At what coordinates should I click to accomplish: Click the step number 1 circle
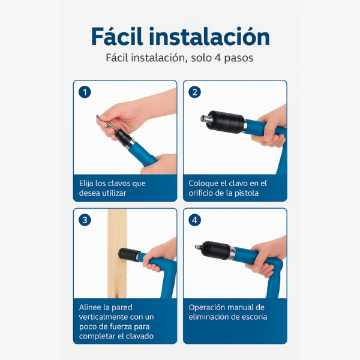[85, 92]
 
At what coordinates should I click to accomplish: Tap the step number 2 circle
[194, 92]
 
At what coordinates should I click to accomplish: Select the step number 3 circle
[85, 220]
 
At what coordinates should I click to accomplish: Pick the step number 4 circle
[194, 220]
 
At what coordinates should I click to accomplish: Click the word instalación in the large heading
[209, 37]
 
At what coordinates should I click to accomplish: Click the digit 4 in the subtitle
[217, 58]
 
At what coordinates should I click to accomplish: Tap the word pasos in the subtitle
[239, 58]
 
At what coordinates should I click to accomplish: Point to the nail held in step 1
[107, 123]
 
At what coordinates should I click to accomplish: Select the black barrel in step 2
[226, 122]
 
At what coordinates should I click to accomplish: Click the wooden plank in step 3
[117, 253]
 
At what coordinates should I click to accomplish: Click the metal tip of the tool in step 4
[199, 247]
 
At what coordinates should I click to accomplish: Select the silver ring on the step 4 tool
[232, 253]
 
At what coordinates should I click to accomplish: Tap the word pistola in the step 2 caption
[247, 193]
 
